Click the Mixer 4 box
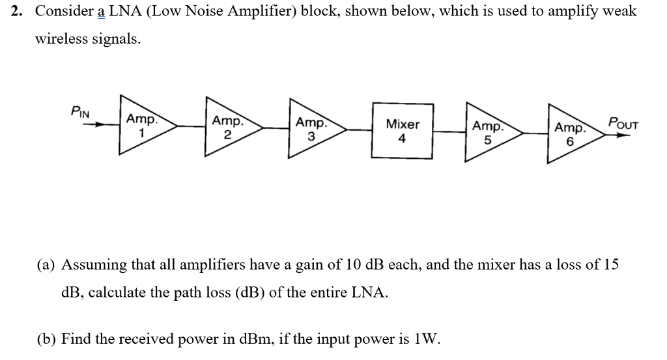point(403,130)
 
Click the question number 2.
point(18,11)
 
